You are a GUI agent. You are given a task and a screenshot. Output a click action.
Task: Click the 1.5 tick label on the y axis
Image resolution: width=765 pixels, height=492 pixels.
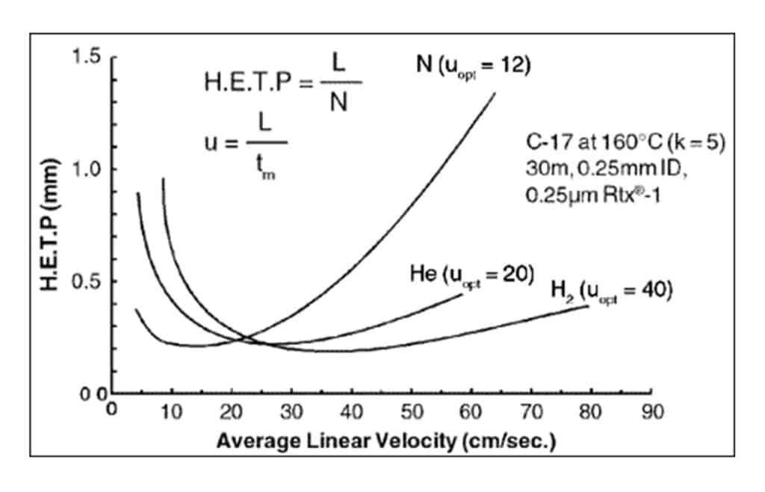pyautogui.click(x=87, y=57)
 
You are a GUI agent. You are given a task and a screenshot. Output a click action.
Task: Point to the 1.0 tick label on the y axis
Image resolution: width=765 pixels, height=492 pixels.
pyautogui.click(x=87, y=169)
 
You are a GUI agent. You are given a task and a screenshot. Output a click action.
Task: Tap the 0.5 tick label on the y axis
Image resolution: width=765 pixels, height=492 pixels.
pyautogui.click(x=87, y=281)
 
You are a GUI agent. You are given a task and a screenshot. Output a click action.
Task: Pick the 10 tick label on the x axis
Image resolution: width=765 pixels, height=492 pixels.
pyautogui.click(x=171, y=410)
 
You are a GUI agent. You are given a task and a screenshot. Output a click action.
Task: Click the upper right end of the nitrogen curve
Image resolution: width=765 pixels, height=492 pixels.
pyautogui.click(x=495, y=93)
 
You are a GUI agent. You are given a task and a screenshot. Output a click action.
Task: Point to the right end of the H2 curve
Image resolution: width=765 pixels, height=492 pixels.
pyautogui.click(x=589, y=305)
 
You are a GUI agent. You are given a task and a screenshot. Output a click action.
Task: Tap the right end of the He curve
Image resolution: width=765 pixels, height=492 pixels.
pyautogui.click(x=463, y=294)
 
